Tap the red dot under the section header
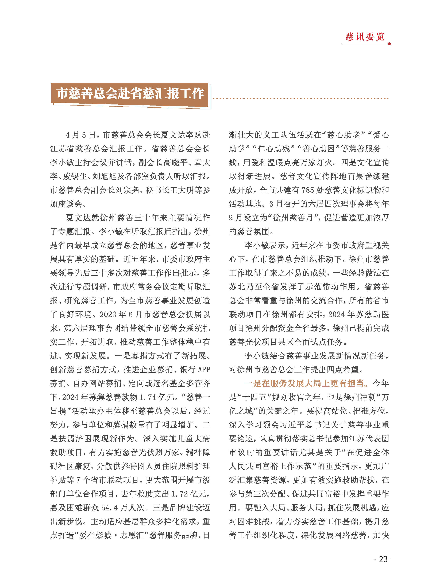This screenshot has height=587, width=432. [389, 44]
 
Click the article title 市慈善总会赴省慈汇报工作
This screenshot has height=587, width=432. [130, 93]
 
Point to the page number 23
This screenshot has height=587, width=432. [383, 559]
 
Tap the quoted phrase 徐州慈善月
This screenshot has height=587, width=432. [293, 218]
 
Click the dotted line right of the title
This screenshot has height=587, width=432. [301, 99]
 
